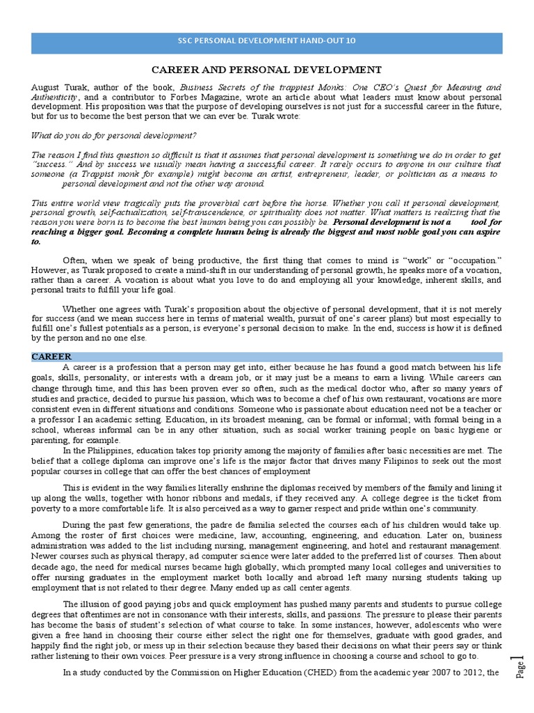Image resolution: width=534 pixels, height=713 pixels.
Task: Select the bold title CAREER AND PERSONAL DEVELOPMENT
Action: tap(267, 70)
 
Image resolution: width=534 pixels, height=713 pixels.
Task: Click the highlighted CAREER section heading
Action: tap(51, 356)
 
